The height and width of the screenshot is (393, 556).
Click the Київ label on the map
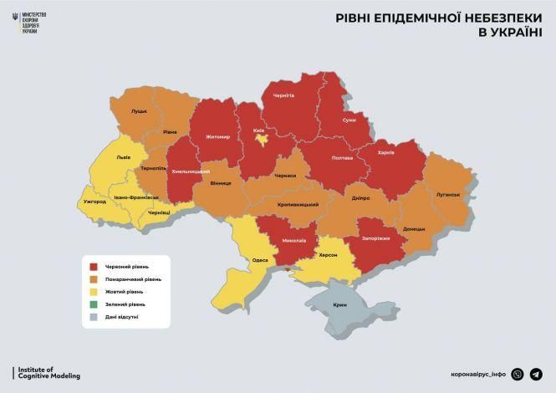259,131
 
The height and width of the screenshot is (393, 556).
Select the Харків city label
385,153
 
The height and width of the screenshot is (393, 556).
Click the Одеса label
260,261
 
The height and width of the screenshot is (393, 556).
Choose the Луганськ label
448,195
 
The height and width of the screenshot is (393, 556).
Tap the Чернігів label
284,96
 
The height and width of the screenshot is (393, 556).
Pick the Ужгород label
95,202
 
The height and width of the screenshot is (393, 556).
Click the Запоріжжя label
376,238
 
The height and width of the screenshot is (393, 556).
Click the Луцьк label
139,110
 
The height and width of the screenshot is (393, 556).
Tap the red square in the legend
95,267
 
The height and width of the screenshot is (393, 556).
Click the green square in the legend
95,304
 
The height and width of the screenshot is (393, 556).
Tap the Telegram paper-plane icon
536,375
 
